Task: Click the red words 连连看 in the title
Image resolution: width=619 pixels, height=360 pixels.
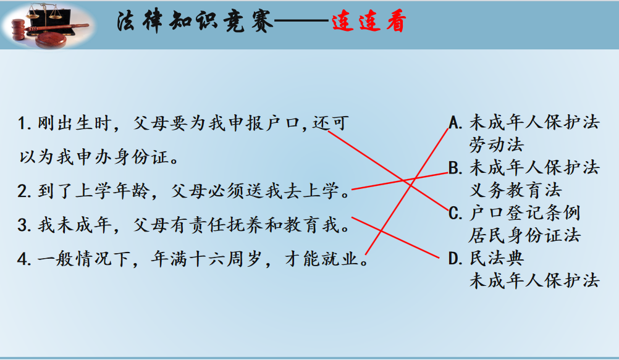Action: coord(369,22)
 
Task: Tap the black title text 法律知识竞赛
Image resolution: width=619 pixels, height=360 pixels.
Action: coord(194,22)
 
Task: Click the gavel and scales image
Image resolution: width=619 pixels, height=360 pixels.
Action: coord(48,25)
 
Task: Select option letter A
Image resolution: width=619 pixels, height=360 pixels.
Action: coord(455,123)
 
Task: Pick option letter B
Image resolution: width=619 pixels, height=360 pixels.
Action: coord(455,168)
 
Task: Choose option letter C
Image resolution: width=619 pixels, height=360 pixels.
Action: coord(455,214)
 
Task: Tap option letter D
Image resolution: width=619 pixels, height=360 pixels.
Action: coord(455,259)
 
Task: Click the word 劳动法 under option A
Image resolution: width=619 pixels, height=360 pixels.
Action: coord(497,145)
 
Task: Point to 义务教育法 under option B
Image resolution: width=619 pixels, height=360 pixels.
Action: coord(516,190)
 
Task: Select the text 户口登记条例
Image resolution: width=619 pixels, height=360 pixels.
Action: coord(524,213)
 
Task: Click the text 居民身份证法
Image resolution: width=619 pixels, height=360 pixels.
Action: coord(524,236)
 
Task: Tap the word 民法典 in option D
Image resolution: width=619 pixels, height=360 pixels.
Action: coord(497,259)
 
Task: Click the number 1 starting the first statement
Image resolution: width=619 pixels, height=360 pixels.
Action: coord(22,123)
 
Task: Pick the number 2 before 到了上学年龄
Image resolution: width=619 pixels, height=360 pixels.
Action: coord(22,191)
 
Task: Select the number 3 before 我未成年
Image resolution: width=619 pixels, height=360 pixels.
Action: coord(22,225)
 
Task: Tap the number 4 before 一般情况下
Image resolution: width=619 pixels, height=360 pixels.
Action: coord(22,259)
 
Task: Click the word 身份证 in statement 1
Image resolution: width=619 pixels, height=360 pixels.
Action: coord(141,157)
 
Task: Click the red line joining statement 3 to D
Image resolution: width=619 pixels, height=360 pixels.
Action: coord(395,238)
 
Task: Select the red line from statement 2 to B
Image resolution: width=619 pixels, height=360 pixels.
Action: coord(400,181)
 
